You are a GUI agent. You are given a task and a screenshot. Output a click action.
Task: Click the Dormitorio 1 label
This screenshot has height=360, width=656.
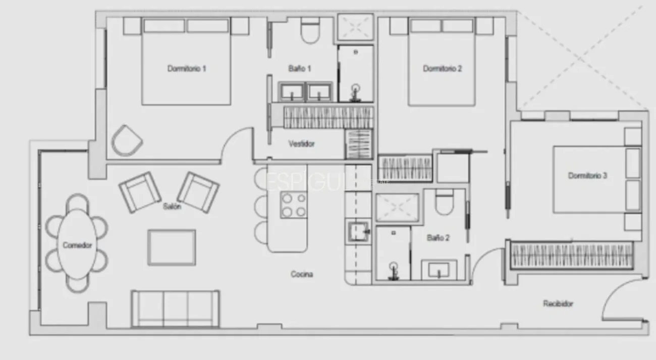(187, 69)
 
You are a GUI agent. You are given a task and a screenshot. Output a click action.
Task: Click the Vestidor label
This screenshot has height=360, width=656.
(302, 144)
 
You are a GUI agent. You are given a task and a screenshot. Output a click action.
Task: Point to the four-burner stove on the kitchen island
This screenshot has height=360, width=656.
(294, 205)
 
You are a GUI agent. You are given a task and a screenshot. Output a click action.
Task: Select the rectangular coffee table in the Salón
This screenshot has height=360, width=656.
(172, 247)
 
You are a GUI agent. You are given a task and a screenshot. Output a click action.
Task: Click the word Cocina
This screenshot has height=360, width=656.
(302, 274)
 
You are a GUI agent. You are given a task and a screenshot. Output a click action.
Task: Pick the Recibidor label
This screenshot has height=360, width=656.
(558, 304)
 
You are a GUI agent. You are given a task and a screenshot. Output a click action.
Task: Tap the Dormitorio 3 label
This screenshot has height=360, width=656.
(587, 176)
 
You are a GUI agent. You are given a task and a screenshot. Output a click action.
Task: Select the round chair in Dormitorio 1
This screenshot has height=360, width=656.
(127, 141)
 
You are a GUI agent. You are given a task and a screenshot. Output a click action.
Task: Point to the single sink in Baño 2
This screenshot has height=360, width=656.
(439, 270)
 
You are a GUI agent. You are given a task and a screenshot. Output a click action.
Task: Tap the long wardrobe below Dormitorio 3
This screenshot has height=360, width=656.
(572, 255)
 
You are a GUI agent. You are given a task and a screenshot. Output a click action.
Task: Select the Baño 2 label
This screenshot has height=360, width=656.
(438, 237)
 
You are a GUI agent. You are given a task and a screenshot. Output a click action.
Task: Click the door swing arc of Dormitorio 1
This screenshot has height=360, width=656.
(233, 144)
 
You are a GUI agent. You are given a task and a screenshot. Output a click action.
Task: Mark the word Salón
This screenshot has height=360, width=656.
(172, 206)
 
